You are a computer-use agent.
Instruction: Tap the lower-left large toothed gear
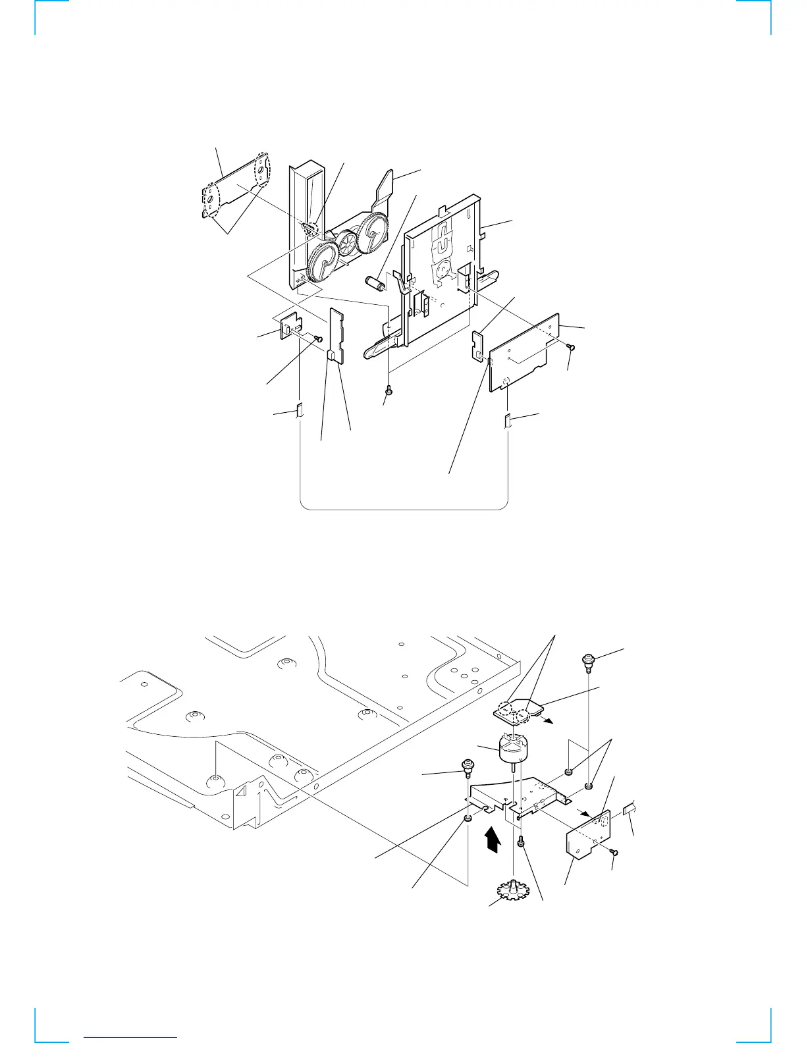click(323, 261)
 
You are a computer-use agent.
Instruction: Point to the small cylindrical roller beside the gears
click(375, 286)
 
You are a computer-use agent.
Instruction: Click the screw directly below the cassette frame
click(389, 391)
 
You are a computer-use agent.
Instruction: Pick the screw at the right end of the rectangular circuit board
click(571, 346)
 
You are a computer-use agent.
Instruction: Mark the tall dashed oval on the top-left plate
click(263, 170)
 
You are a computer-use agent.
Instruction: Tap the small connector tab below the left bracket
click(300, 411)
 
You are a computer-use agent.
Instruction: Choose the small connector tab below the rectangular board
click(508, 419)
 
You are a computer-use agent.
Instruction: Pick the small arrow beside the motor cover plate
click(547, 721)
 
